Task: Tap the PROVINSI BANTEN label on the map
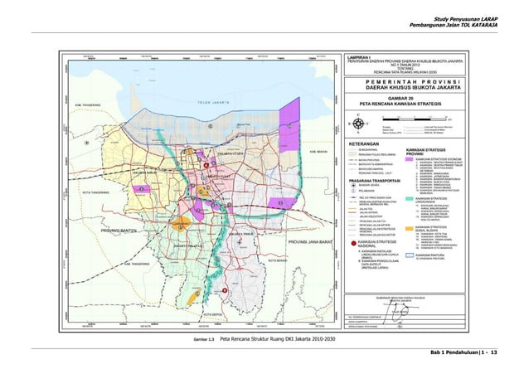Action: (117, 229)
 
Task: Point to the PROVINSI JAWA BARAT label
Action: (310, 241)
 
